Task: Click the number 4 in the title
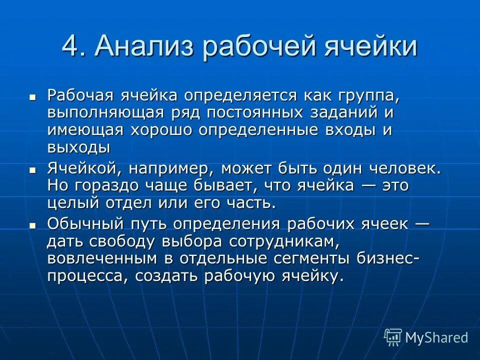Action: pos(70,46)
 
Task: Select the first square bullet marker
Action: pos(32,96)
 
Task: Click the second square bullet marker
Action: pos(32,170)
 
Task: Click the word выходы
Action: pos(79,148)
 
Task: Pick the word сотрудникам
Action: pos(284,241)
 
